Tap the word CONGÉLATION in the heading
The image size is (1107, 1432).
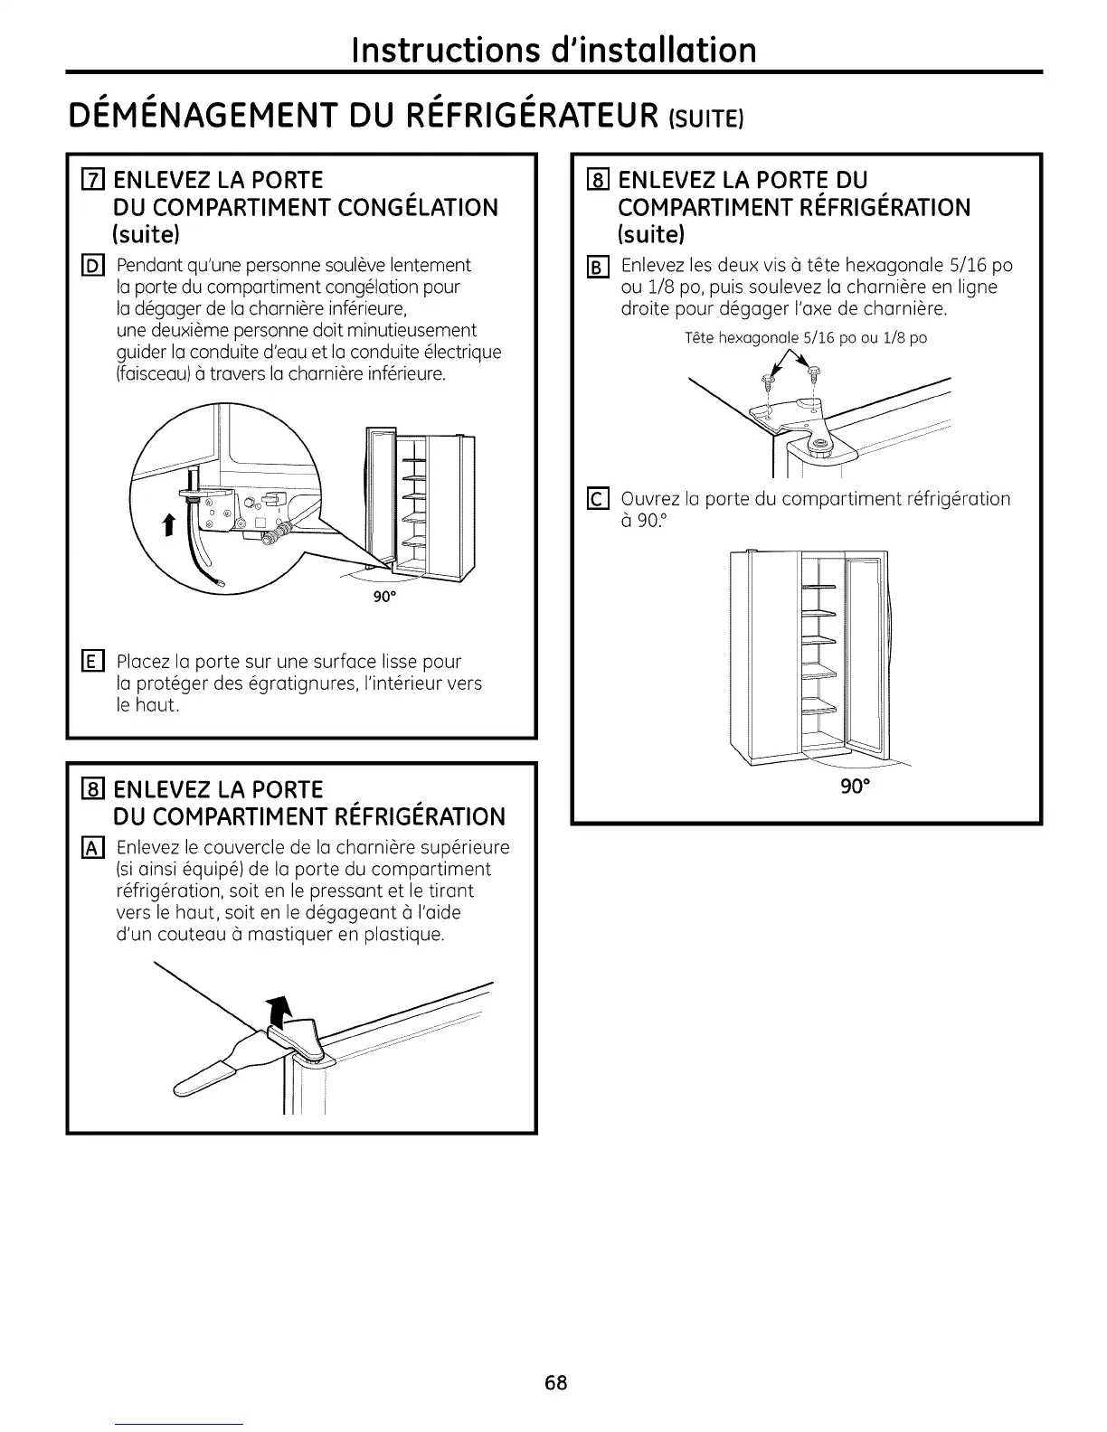417,208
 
